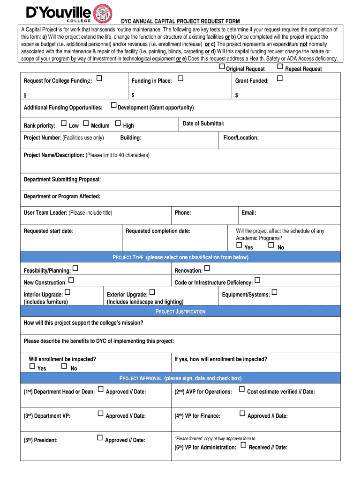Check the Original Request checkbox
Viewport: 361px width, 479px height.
click(222, 67)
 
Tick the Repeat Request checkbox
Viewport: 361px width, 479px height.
click(280, 67)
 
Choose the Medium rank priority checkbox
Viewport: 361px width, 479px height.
click(86, 123)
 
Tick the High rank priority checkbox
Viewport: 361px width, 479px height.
click(118, 123)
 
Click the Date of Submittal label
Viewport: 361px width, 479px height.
click(203, 123)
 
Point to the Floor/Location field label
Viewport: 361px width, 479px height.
click(241, 138)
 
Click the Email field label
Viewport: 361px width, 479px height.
click(248, 213)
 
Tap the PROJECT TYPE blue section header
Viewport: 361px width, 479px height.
click(180, 257)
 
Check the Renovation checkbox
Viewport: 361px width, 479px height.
click(207, 268)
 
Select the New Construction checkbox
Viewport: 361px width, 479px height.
click(71, 281)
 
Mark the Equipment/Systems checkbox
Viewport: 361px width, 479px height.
click(275, 292)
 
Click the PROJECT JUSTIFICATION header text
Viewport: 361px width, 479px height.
click(180, 312)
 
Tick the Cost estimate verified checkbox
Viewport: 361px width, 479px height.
click(242, 389)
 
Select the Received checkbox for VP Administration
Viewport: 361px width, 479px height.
click(243, 445)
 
